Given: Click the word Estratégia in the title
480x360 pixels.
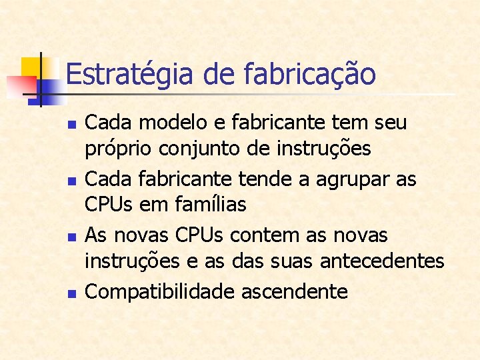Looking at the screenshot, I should pos(131,74).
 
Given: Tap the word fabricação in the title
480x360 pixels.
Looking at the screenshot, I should pos(310,74).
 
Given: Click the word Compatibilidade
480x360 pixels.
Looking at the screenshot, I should pos(159,291).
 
